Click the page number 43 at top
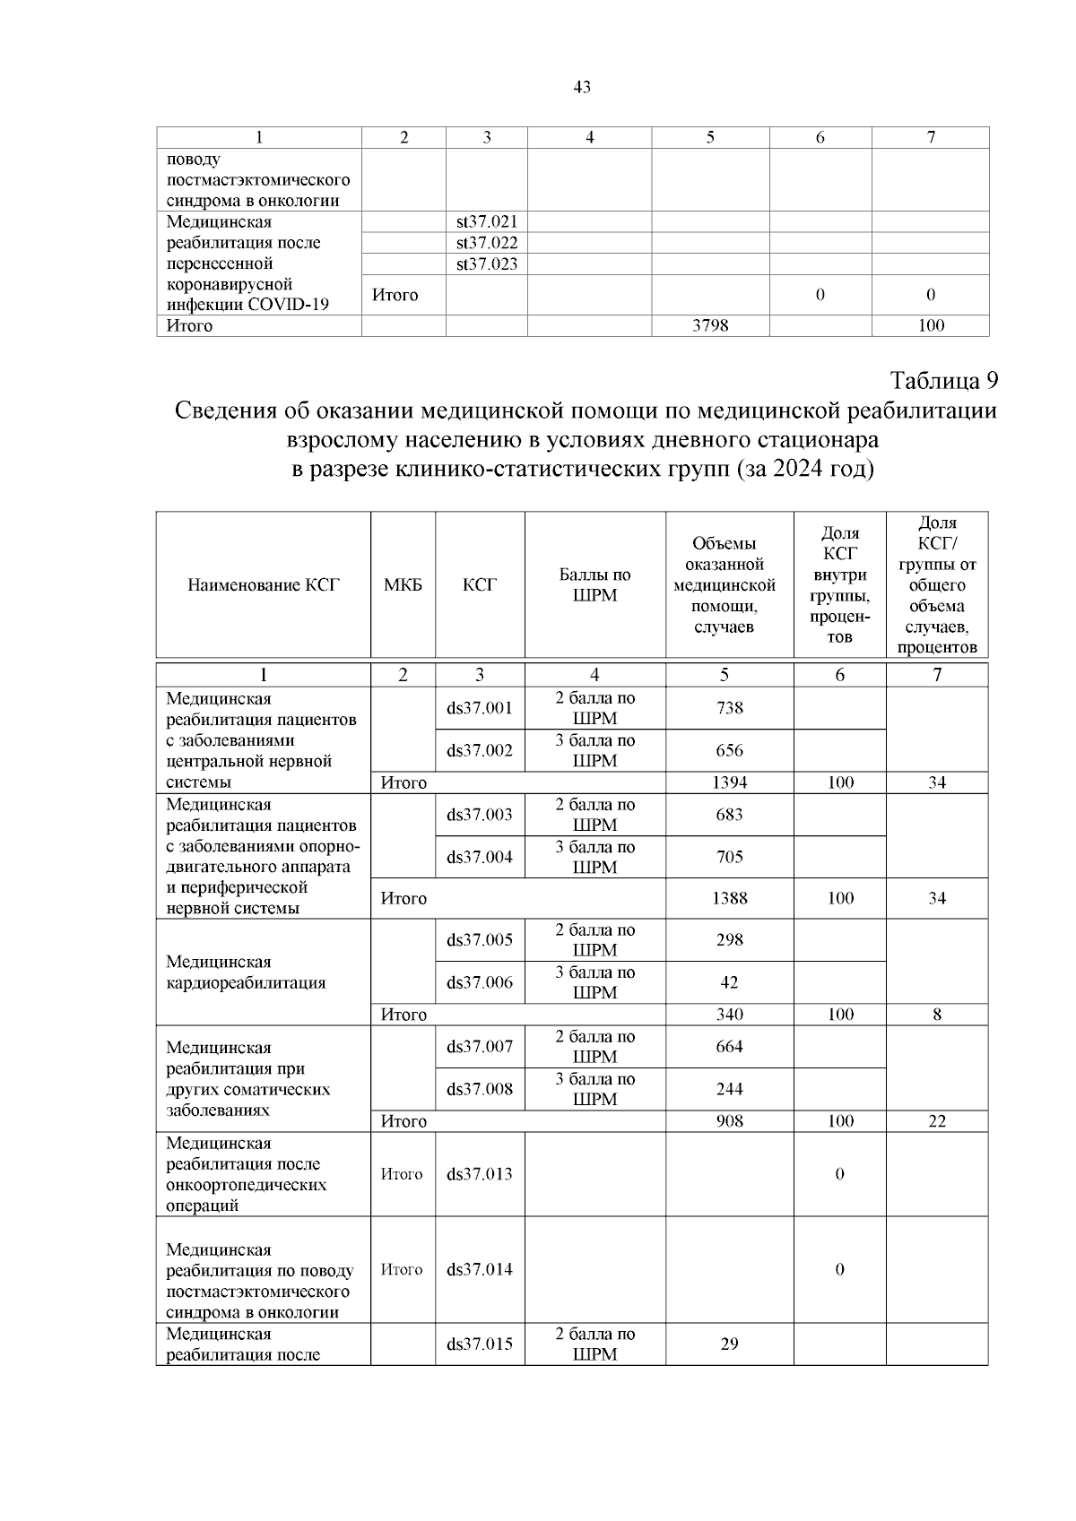click(581, 87)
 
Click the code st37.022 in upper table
click(487, 243)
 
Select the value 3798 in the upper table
click(710, 325)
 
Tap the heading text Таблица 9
click(943, 380)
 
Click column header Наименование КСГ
click(264, 585)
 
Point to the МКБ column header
click(403, 585)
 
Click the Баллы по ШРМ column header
click(594, 585)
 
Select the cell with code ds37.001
click(480, 708)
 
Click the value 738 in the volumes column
click(729, 708)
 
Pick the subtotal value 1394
click(729, 782)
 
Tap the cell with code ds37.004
click(480, 857)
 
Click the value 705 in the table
click(729, 857)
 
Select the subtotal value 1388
click(729, 898)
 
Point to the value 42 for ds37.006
click(729, 982)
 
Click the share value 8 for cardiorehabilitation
click(936, 1015)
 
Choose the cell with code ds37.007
click(480, 1047)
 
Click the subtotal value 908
click(729, 1121)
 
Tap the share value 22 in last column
click(936, 1121)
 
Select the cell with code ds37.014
click(480, 1269)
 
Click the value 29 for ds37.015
click(729, 1344)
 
